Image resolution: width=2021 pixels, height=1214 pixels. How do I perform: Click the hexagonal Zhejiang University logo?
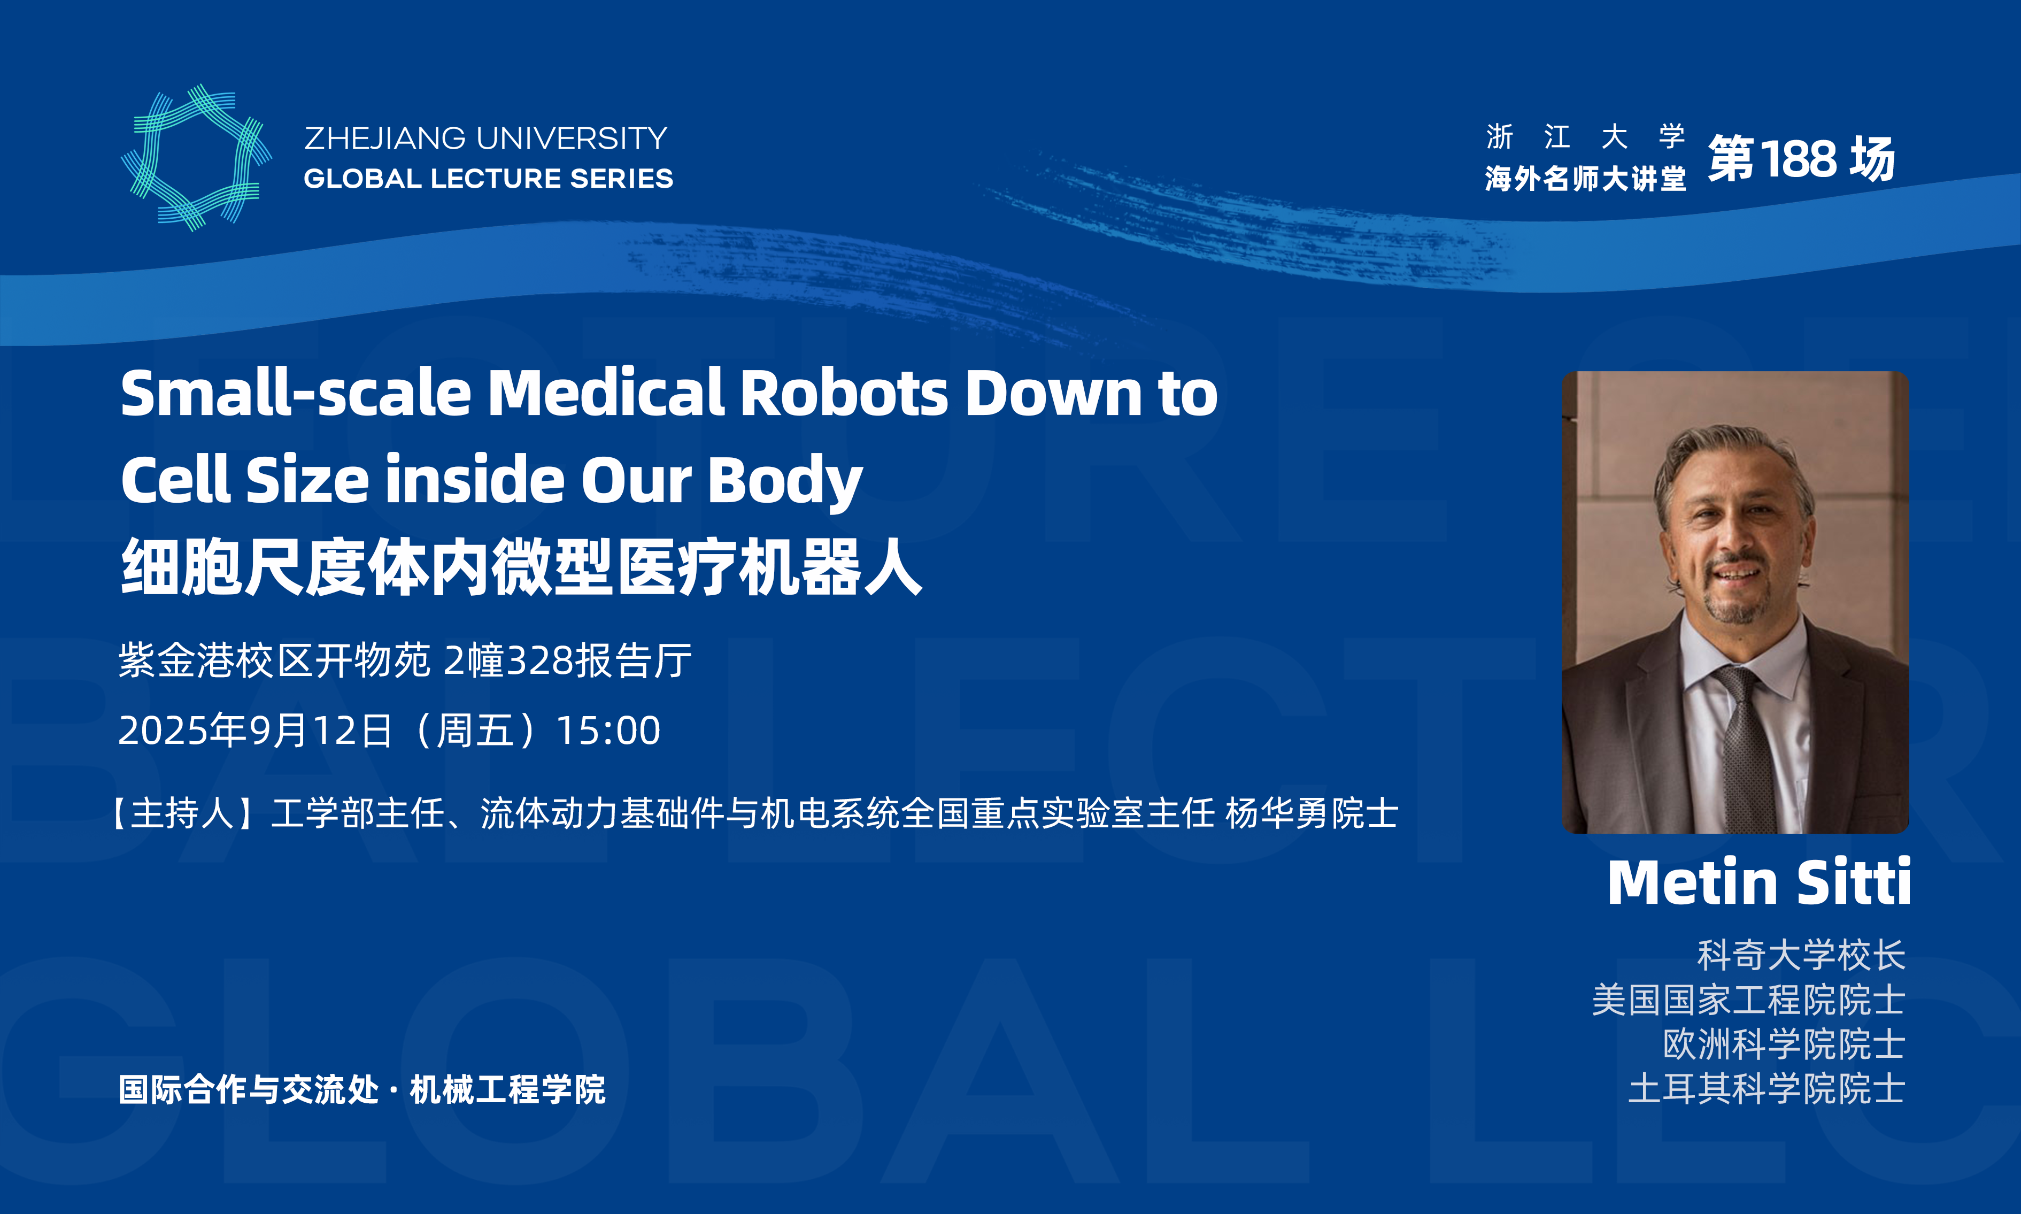click(x=196, y=158)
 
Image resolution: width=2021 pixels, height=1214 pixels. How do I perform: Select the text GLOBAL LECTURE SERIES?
click(x=488, y=178)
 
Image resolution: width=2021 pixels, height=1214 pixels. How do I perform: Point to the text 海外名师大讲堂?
click(x=1585, y=178)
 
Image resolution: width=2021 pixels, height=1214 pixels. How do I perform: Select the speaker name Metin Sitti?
click(x=1758, y=882)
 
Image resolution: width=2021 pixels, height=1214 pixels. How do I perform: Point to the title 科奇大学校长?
click(x=1801, y=955)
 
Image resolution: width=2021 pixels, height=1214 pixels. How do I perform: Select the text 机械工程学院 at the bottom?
click(x=507, y=1089)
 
